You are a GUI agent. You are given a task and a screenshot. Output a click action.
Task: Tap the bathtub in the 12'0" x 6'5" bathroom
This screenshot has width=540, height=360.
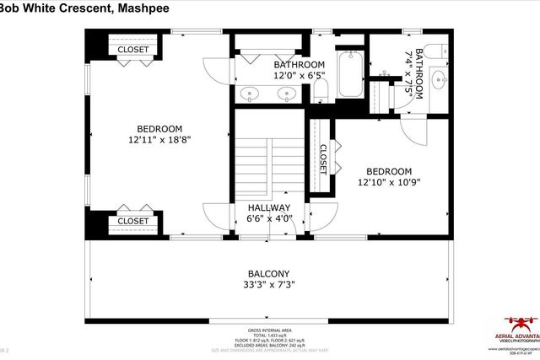coord(347,71)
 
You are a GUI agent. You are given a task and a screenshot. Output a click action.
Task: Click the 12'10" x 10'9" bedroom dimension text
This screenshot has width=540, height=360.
coord(388,181)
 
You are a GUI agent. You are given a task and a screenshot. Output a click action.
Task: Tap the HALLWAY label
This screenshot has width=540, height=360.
coord(268,207)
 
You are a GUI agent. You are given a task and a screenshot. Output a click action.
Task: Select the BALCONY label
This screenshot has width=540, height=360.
coord(268,273)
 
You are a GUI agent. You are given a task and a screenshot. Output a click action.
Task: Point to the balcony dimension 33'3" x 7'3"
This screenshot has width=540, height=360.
coord(268,285)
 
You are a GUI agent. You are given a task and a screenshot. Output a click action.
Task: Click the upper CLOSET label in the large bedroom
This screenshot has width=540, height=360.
coord(133,50)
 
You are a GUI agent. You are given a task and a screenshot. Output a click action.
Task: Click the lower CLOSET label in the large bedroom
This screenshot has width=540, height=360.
coord(133,221)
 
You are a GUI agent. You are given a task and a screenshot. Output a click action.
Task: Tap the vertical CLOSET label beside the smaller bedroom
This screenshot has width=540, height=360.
coord(322,159)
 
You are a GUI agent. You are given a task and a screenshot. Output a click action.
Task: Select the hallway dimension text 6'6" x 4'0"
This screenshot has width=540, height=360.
coord(268,219)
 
